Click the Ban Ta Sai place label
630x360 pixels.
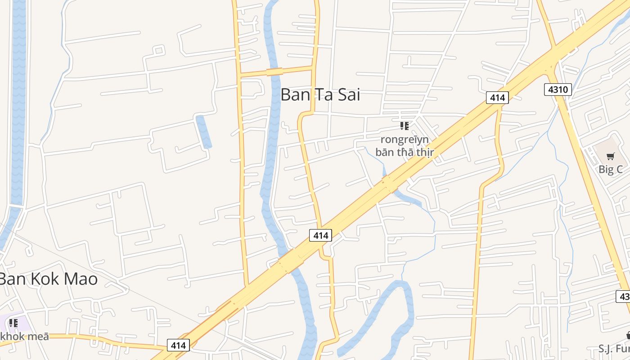click(x=320, y=95)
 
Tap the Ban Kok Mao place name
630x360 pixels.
click(x=48, y=279)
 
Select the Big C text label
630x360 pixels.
click(x=611, y=169)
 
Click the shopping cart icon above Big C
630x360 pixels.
click(x=610, y=157)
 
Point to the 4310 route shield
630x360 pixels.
click(x=558, y=90)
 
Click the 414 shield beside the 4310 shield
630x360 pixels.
click(x=497, y=97)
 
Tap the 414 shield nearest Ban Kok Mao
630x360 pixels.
click(x=178, y=345)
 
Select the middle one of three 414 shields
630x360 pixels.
click(x=320, y=235)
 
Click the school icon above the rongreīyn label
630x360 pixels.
click(x=404, y=126)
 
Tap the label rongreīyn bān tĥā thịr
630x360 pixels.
click(x=405, y=146)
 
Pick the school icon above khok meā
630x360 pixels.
click(x=13, y=323)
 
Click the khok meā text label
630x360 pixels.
click(x=24, y=336)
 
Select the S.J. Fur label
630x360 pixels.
click(x=614, y=348)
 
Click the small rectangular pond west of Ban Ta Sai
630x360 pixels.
click(x=204, y=132)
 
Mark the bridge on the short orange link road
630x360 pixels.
click(x=274, y=72)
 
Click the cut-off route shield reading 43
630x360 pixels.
click(x=623, y=297)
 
